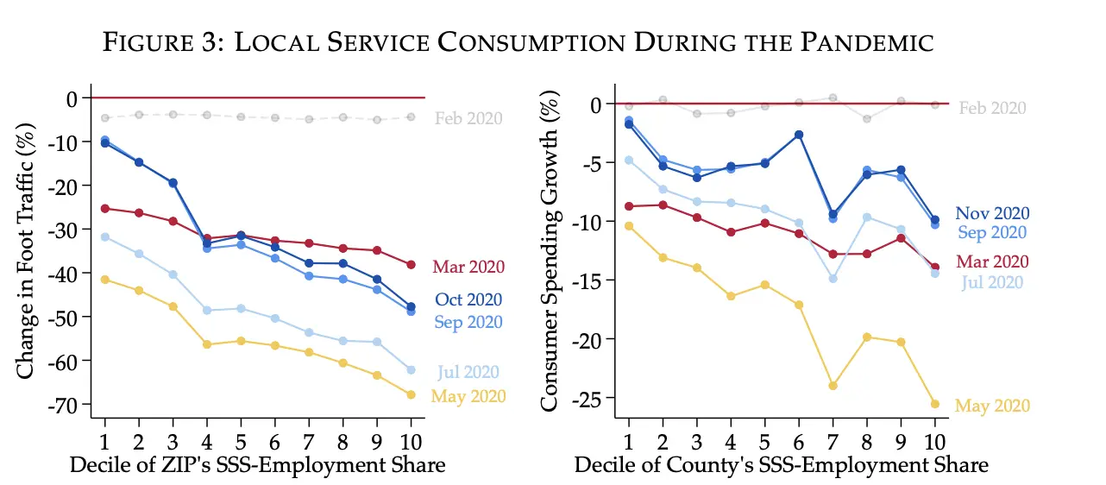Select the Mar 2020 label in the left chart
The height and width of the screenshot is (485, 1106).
(468, 267)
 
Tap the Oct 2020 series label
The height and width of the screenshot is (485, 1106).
(468, 299)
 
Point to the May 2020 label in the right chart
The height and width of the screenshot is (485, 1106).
(992, 406)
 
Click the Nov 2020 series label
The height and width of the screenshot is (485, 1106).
(992, 214)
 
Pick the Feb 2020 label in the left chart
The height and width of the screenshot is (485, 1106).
(468, 119)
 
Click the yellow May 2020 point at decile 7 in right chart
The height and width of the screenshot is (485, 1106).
(833, 386)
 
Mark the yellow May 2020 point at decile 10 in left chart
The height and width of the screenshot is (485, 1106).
(411, 394)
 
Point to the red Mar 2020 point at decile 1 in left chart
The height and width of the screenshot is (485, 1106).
(105, 208)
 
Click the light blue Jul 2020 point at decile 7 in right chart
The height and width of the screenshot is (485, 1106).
(833, 279)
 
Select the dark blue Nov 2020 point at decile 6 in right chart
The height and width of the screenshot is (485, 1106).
(800, 135)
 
